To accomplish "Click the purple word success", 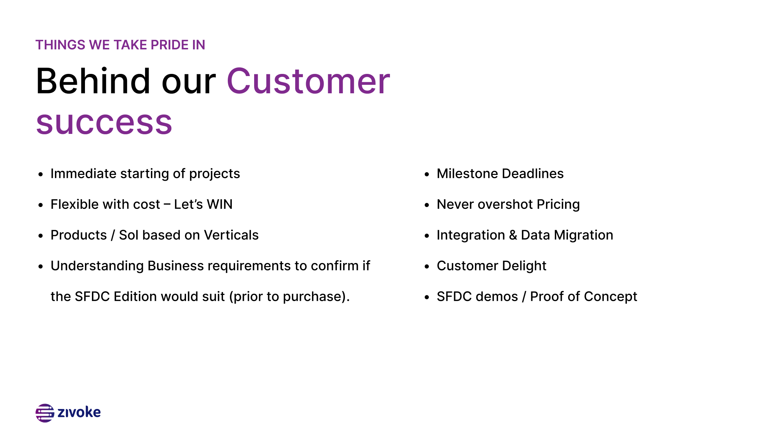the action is [104, 123].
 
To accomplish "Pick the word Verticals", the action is [231, 235].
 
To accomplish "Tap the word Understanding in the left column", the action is [97, 266].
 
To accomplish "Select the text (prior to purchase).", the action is [290, 297].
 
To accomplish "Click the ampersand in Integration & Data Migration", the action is [513, 235].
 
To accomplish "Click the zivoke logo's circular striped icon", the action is [45, 413].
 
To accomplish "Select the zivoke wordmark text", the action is [79, 412].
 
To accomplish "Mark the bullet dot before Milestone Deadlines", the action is [427, 175].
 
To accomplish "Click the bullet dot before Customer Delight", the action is [427, 267].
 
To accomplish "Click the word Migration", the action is [584, 235].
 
